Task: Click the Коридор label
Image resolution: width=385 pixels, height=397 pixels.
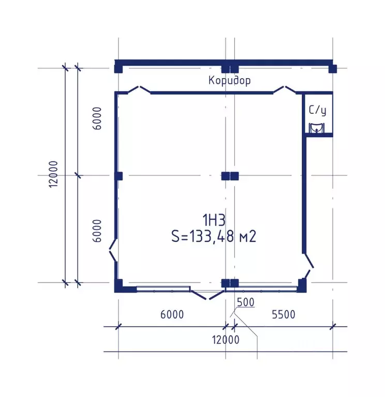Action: (230, 81)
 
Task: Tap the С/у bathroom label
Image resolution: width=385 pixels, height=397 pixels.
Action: (318, 111)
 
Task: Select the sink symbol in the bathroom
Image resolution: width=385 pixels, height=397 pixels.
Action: (316, 128)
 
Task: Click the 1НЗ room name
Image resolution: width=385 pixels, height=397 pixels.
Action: (214, 220)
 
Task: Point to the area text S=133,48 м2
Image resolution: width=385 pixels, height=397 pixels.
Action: (214, 237)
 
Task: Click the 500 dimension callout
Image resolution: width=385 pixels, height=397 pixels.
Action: (246, 302)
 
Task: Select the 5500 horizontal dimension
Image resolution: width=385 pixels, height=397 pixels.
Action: (284, 315)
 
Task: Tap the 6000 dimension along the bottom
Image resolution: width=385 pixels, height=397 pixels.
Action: (172, 315)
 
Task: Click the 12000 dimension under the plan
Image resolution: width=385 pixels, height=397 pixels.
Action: (226, 340)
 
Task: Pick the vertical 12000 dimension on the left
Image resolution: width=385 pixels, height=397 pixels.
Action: (54, 174)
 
